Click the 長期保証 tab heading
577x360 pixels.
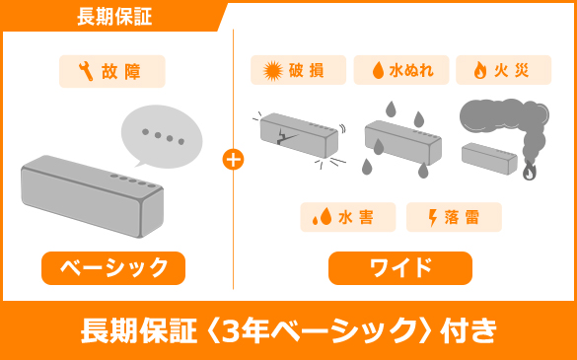point(114,17)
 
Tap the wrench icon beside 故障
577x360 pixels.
point(86,71)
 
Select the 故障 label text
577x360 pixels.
point(121,71)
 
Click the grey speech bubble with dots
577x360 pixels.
point(161,137)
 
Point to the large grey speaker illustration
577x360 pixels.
point(92,196)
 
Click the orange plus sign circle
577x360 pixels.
point(233,160)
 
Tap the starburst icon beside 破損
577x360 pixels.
point(273,71)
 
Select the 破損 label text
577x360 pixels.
point(306,71)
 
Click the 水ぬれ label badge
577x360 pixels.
point(401,70)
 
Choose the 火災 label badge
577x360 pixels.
point(503,70)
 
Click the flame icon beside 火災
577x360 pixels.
point(480,70)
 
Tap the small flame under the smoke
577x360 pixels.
point(529,172)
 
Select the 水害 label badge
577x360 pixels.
point(348,217)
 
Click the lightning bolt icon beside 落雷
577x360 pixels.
point(433,217)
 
